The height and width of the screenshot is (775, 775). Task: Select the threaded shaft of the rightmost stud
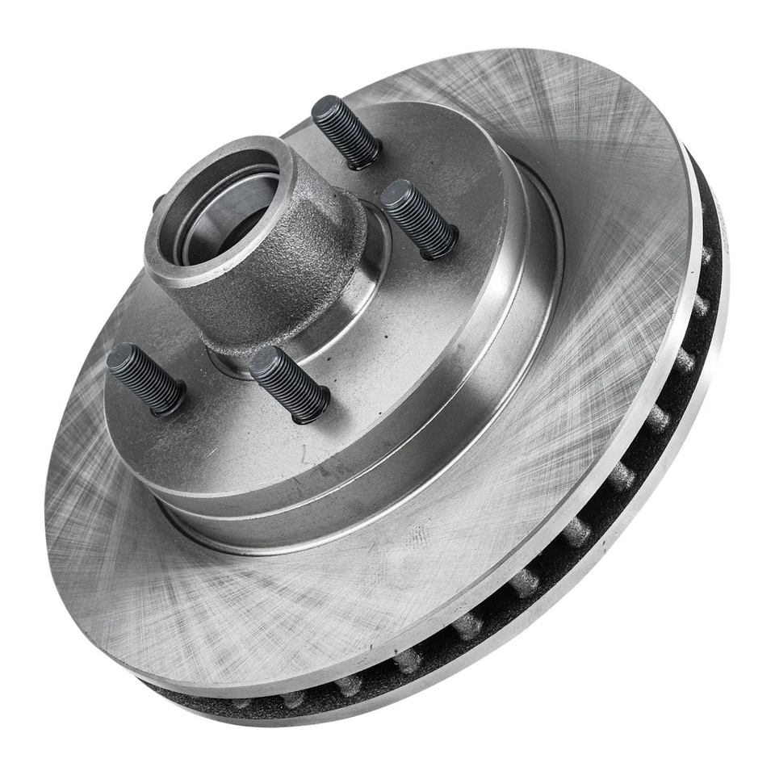coord(420,220)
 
